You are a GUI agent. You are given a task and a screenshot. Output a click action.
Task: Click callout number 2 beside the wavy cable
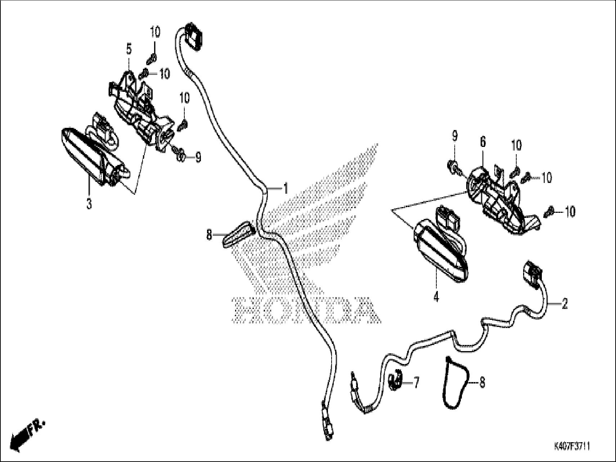pos(565,304)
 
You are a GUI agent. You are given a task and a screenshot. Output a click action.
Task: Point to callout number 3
pos(89,204)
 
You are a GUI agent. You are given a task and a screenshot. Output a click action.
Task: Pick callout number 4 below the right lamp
pos(436,297)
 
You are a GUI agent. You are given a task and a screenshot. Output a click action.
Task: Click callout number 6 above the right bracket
pos(482,142)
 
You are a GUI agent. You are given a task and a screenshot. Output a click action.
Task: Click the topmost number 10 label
pos(155,32)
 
